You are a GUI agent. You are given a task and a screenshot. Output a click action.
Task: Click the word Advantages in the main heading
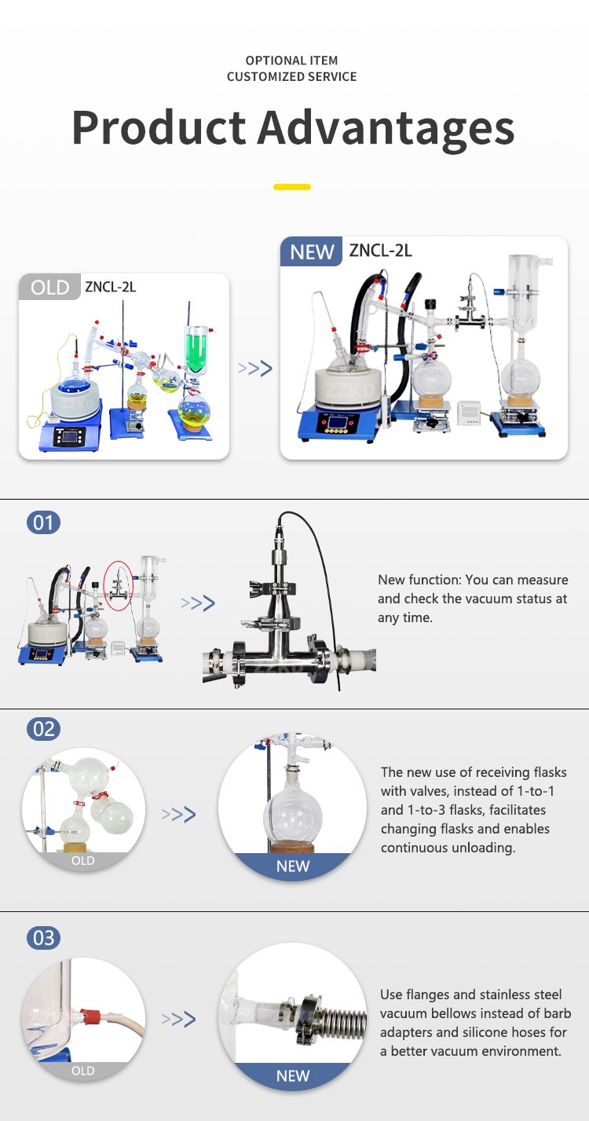[x=386, y=129]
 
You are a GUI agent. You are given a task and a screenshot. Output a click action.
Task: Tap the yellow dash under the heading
[x=292, y=187]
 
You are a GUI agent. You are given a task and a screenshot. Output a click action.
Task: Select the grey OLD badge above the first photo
[x=49, y=287]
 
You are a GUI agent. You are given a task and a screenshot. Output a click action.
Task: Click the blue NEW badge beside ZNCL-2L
[x=311, y=251]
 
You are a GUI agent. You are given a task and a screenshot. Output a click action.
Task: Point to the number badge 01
[x=43, y=523]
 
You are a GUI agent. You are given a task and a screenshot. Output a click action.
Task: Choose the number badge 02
[x=43, y=729]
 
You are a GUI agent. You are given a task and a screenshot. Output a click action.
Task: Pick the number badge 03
[x=43, y=937]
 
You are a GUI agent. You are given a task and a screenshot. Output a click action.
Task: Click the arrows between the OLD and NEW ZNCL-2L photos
[x=255, y=368]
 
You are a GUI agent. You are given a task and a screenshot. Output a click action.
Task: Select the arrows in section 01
[x=198, y=603]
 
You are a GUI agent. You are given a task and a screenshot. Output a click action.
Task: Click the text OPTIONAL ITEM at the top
[x=291, y=60]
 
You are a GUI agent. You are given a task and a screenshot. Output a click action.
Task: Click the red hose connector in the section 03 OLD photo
[x=92, y=1016]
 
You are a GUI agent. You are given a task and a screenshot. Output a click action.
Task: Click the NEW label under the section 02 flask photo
[x=293, y=866]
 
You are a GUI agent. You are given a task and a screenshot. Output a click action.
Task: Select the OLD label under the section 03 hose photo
[x=83, y=1071]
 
